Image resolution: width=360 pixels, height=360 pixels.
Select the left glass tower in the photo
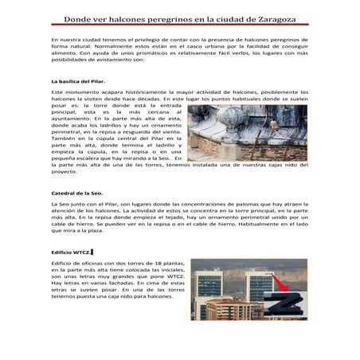(x=209, y=287)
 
